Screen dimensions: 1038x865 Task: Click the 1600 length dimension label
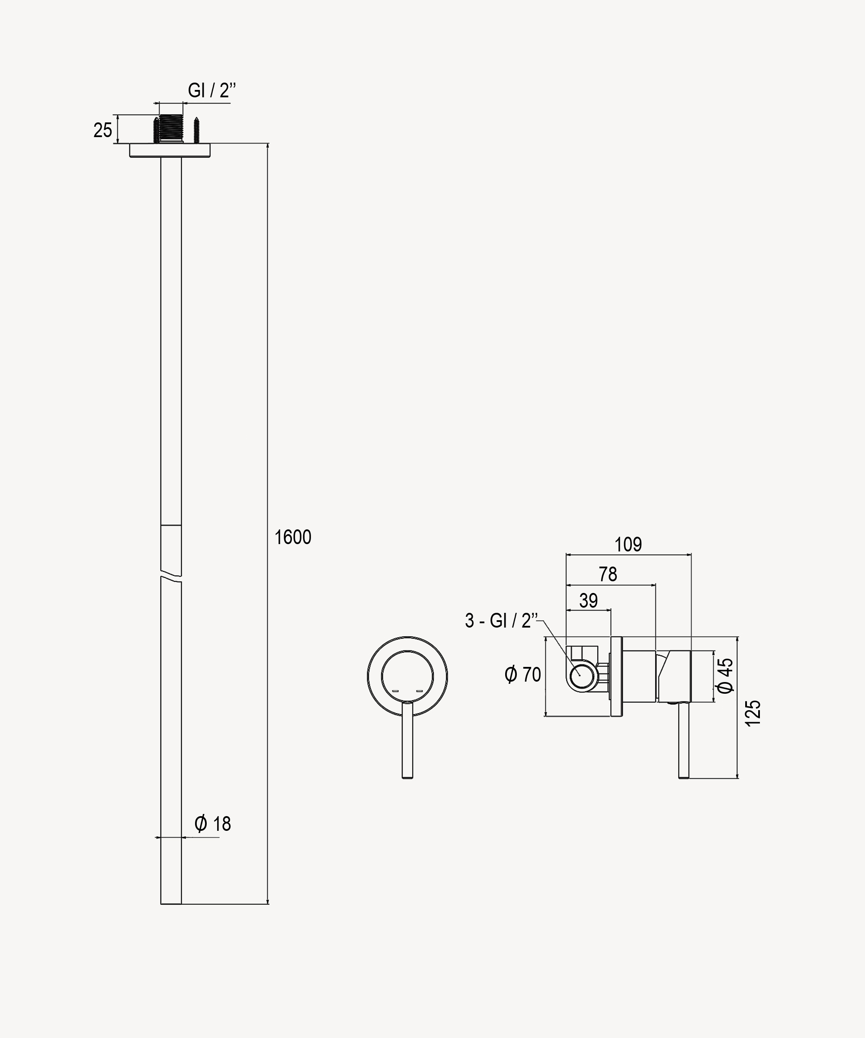tap(293, 537)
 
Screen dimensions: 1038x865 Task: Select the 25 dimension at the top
tap(103, 130)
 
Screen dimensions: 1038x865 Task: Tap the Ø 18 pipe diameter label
tap(213, 823)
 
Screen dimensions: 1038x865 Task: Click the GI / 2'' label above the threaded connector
tap(211, 90)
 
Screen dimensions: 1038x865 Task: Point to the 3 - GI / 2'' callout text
tap(501, 620)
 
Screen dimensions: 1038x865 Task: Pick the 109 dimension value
tap(628, 544)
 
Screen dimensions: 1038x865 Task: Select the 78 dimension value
tap(608, 574)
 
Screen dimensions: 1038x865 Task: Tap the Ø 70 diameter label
tap(522, 674)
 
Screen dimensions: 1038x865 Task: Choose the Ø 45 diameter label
tap(726, 675)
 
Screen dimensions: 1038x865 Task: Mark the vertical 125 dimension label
tap(753, 713)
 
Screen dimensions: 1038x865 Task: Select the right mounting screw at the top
tap(196, 129)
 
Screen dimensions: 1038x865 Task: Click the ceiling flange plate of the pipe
tap(170, 150)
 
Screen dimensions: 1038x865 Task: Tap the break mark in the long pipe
tap(171, 577)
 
